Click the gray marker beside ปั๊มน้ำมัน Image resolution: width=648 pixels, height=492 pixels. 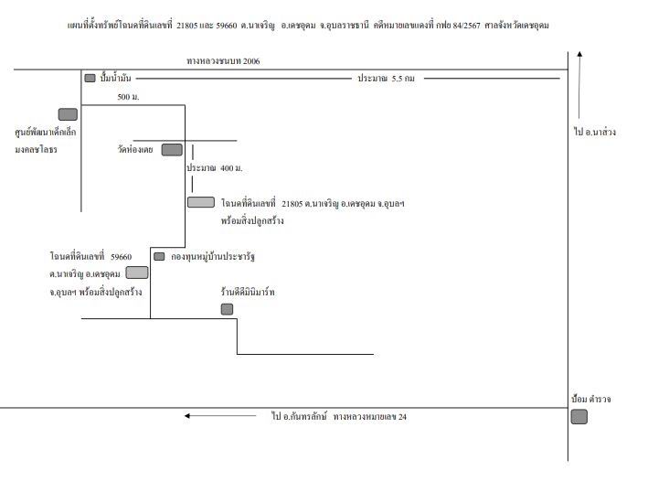90,78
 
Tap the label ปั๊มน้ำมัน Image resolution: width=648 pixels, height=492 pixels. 115,78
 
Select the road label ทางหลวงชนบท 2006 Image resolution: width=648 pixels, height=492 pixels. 223,61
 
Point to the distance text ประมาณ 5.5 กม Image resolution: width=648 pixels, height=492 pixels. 386,78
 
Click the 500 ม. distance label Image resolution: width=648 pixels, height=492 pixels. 128,97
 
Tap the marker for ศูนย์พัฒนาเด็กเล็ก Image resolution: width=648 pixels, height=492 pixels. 68,114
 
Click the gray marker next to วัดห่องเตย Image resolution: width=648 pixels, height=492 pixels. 172,150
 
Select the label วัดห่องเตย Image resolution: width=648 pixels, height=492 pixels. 135,149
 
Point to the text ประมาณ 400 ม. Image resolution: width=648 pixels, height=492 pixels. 215,168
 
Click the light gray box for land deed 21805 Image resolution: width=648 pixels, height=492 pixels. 201,202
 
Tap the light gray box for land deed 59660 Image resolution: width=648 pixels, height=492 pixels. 137,273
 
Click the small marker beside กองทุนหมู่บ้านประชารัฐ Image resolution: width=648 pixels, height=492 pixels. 159,256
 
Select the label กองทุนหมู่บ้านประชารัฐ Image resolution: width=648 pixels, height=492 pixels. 213,256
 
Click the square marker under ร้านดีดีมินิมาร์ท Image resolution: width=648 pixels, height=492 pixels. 227,309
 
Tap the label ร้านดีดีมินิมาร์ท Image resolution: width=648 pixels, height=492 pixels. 248,292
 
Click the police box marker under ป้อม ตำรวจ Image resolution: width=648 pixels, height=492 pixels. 579,417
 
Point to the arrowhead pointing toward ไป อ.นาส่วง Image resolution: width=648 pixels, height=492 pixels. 579,54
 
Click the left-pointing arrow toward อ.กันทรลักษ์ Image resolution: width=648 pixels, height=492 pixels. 220,415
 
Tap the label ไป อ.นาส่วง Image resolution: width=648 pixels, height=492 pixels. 595,132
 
